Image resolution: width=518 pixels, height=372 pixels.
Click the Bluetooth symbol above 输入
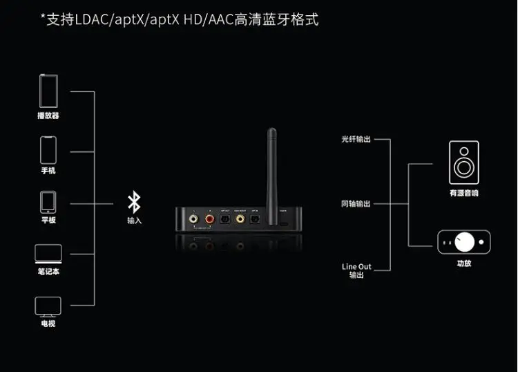click(134, 203)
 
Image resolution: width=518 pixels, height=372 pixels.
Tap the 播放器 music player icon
click(48, 90)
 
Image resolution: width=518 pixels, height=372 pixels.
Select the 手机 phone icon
click(48, 149)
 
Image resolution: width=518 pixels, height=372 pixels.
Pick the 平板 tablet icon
click(48, 202)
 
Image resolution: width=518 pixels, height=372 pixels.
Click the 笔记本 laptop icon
click(48, 254)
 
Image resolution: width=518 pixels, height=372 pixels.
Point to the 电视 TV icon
click(48, 306)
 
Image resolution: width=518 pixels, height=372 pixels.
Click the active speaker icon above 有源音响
click(463, 162)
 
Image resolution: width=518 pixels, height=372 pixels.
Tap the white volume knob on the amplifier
click(465, 241)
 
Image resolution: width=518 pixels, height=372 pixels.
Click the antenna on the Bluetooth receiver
click(271, 166)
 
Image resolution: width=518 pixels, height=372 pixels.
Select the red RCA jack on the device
click(209, 219)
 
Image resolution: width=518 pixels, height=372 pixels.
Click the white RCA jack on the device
click(194, 219)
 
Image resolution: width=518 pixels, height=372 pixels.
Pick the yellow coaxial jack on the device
click(240, 219)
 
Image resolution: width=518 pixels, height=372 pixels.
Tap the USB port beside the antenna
click(283, 223)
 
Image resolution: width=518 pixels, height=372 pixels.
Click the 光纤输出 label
click(356, 139)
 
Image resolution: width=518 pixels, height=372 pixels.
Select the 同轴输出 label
click(356, 204)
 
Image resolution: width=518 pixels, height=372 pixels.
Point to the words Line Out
click(356, 267)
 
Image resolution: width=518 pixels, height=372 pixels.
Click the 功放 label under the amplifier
click(463, 263)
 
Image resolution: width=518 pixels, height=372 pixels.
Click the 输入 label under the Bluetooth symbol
click(134, 221)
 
